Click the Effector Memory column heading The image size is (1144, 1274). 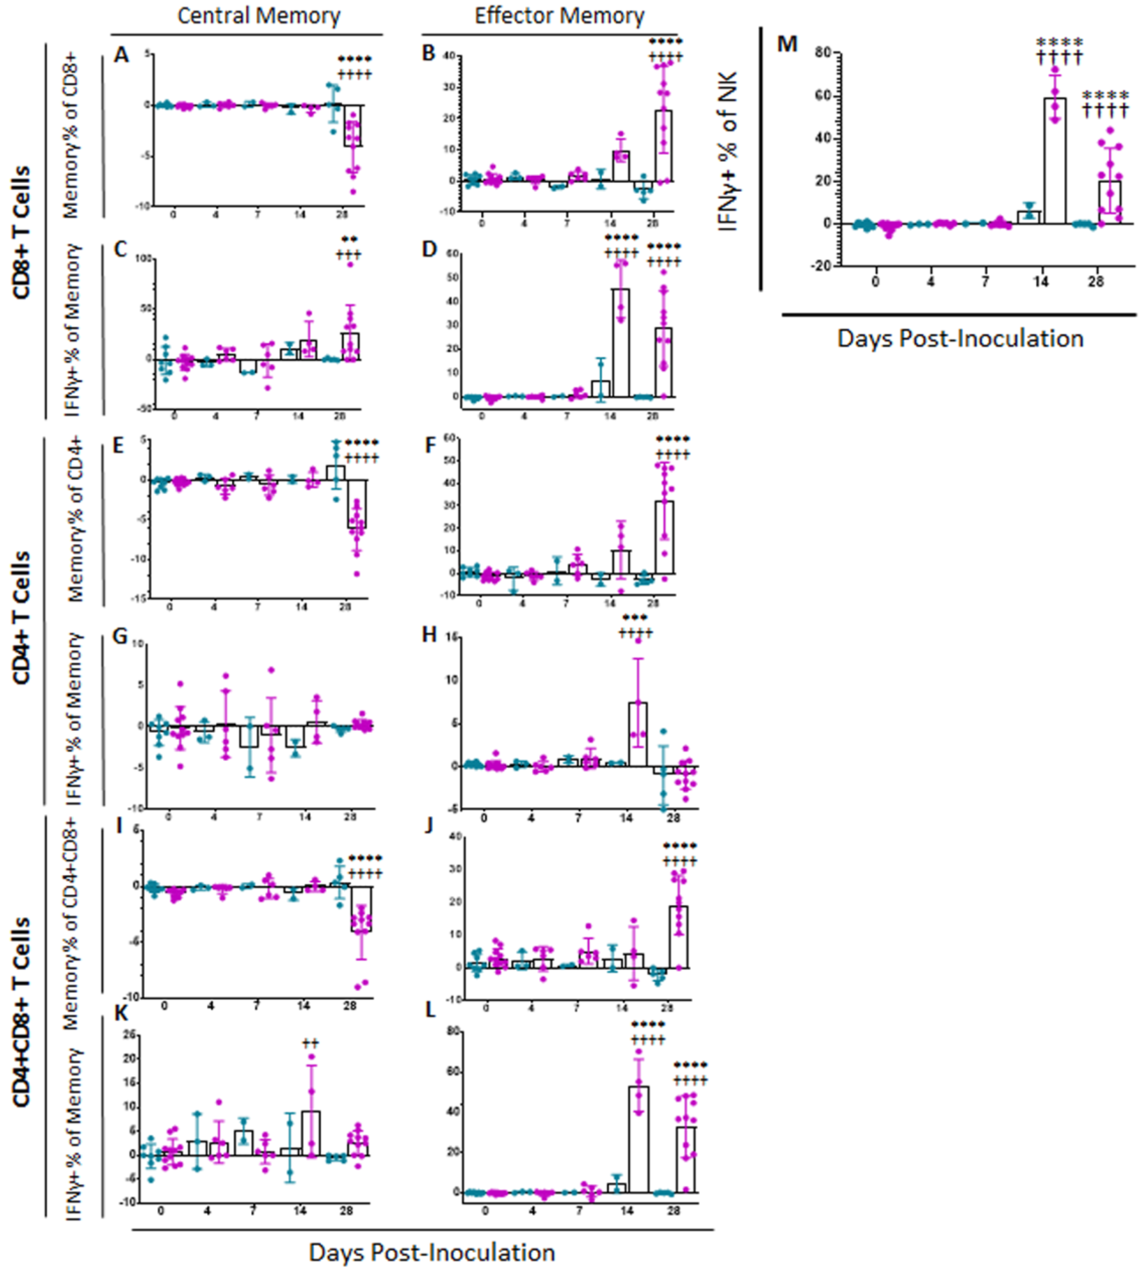(559, 16)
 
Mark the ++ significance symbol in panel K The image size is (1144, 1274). (311, 1044)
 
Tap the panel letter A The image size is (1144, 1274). (121, 55)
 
